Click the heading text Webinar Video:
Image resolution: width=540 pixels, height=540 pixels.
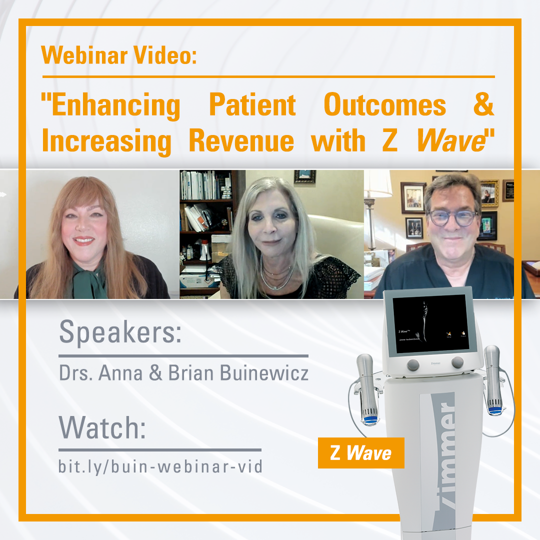119,55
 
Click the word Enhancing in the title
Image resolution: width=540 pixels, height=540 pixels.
110,106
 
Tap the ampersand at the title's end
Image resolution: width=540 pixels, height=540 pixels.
482,106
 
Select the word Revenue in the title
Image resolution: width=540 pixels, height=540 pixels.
241,141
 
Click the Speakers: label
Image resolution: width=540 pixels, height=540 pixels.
120,333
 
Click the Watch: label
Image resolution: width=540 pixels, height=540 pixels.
102,428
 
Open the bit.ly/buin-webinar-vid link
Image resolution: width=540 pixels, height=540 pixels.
160,466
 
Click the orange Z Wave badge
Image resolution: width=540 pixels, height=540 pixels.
360,453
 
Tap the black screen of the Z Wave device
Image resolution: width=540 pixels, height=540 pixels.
430,324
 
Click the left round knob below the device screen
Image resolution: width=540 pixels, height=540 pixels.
413,363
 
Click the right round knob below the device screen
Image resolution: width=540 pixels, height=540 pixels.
457,362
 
